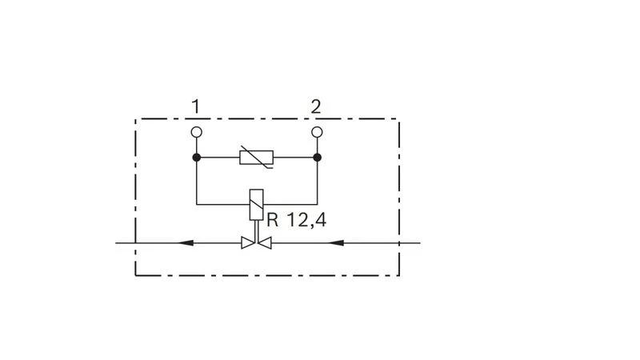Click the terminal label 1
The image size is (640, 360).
coord(196,106)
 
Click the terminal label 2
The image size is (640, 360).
coord(316,106)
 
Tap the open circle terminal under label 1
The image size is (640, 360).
coord(196,132)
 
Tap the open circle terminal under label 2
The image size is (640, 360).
coord(317,132)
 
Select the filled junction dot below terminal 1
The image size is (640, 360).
coord(196,157)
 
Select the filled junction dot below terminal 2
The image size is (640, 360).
coord(317,157)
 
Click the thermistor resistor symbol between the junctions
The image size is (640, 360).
coord(256,157)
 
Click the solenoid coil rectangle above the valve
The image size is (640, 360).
coord(256,205)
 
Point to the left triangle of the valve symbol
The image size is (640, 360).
coord(248,243)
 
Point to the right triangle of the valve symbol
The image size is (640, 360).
coord(265,243)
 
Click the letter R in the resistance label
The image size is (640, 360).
coord(272,220)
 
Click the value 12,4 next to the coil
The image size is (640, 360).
coord(306,221)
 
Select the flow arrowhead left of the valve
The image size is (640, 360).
coord(186,243)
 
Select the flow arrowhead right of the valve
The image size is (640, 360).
coord(336,243)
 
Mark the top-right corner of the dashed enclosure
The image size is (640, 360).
coord(398,119)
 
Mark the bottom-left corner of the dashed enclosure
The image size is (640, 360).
coord(135,275)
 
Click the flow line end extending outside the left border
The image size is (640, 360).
coord(116,243)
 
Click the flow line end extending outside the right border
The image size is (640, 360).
coord(420,243)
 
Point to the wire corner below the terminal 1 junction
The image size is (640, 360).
coord(196,204)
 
